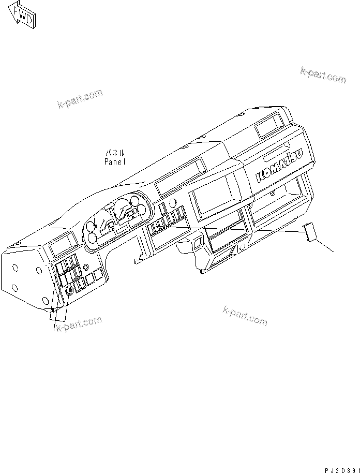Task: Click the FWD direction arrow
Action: [22, 16]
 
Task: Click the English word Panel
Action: [114, 161]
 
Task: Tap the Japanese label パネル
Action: [115, 153]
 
